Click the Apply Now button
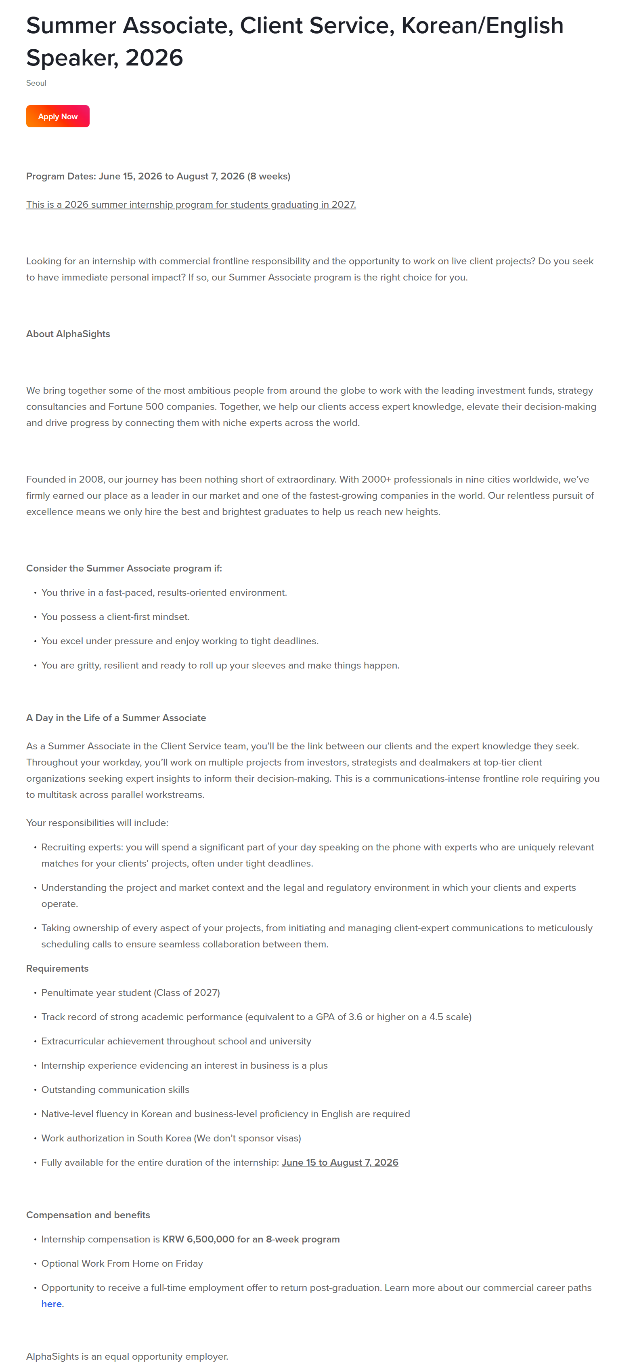57,116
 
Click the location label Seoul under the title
36,83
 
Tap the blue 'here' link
52,1304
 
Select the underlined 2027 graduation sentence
191,205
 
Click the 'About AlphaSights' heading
68,334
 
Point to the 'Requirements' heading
57,968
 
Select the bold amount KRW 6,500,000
198,1239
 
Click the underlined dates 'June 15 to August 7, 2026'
340,1162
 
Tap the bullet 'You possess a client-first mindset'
115,617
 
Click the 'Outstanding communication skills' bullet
115,1089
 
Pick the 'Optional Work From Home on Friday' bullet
122,1263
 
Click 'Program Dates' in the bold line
61,176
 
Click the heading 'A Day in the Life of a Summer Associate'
116,717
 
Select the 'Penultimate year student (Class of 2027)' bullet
131,993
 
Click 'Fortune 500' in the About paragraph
136,407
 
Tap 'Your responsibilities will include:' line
97,823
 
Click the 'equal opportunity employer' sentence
127,1356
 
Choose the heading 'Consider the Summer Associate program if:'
124,568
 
